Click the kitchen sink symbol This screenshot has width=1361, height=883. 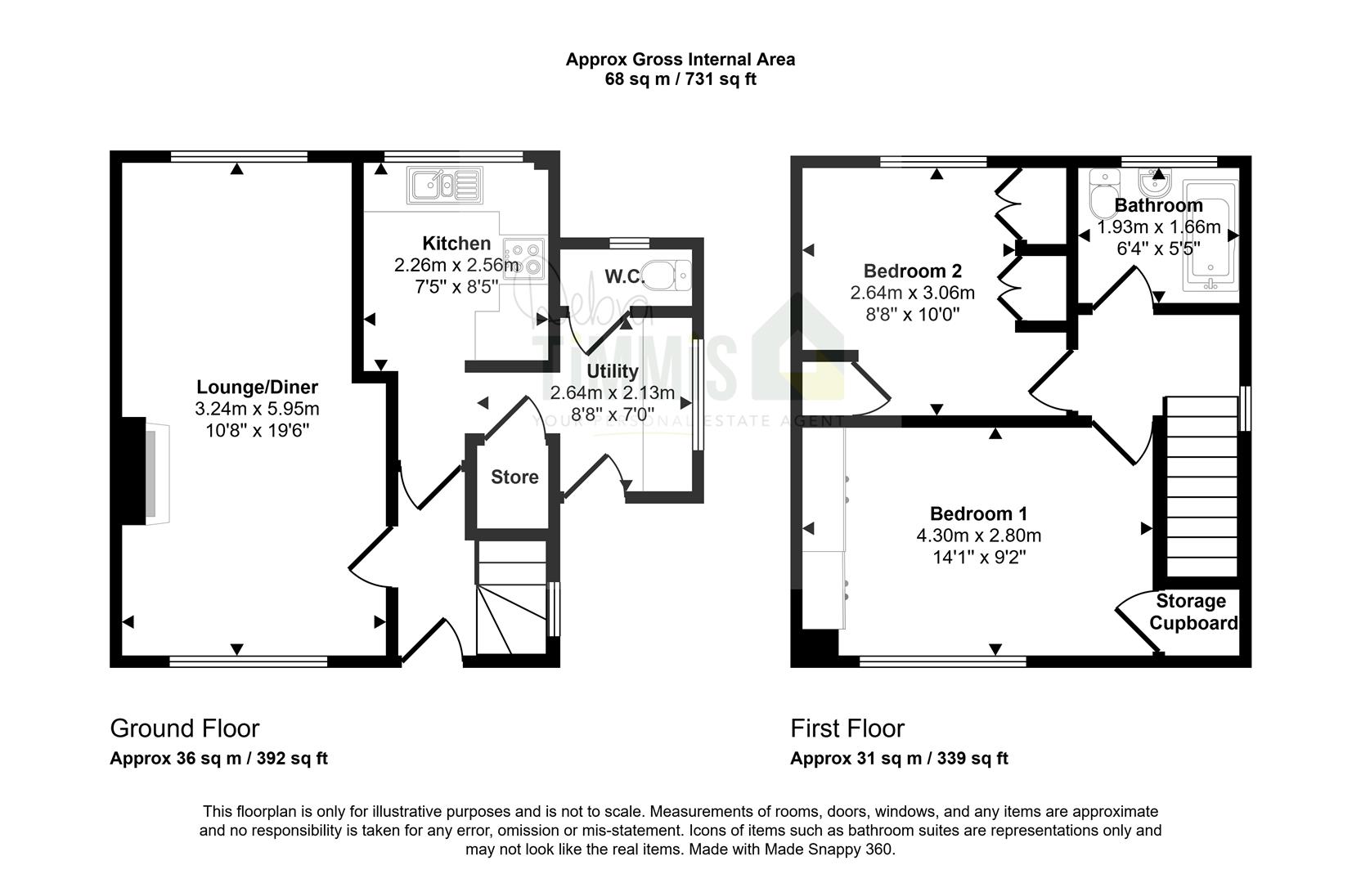click(446, 185)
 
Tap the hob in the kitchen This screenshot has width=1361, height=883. click(523, 258)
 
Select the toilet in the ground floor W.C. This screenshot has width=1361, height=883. click(666, 275)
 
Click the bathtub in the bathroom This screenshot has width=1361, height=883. click(1211, 235)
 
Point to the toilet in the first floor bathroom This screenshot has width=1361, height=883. click(1104, 194)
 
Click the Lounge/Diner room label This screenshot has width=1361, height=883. click(257, 387)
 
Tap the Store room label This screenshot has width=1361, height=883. click(514, 477)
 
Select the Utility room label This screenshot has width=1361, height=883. click(612, 370)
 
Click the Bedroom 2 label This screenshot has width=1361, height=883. click(912, 271)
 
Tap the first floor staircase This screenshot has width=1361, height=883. click(1202, 486)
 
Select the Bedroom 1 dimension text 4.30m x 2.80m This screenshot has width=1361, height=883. click(978, 535)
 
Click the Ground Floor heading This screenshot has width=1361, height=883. click(185, 728)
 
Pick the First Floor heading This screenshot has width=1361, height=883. click(847, 728)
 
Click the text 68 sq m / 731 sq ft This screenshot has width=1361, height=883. click(680, 79)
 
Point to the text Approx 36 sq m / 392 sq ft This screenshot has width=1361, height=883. click(218, 759)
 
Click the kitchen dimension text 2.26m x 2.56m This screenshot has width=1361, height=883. click(457, 265)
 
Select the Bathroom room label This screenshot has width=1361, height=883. click(1159, 205)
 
